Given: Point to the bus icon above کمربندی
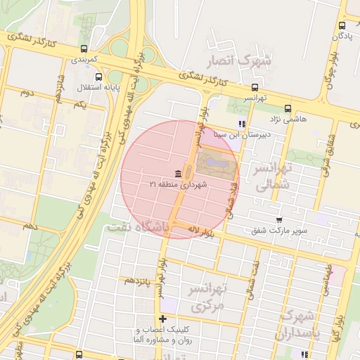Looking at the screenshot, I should [84, 49].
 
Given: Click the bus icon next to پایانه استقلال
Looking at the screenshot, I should [98, 77].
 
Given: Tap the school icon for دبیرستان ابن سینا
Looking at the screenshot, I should [242, 124].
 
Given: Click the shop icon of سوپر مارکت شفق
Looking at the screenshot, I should [280, 220].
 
